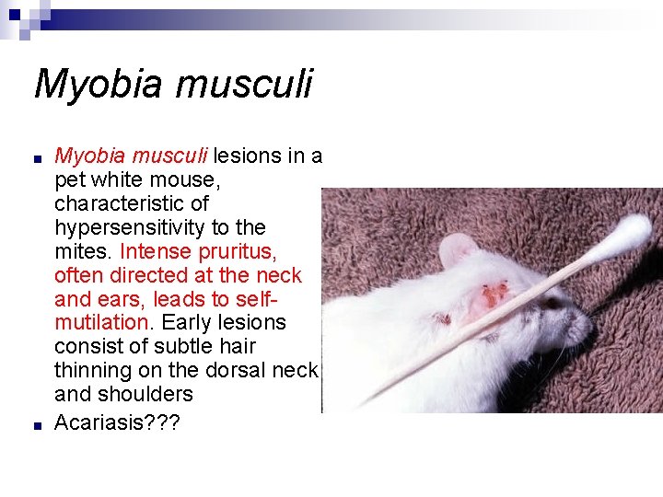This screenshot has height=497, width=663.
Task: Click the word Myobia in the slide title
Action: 89,85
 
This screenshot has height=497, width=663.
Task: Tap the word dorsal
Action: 247,371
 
